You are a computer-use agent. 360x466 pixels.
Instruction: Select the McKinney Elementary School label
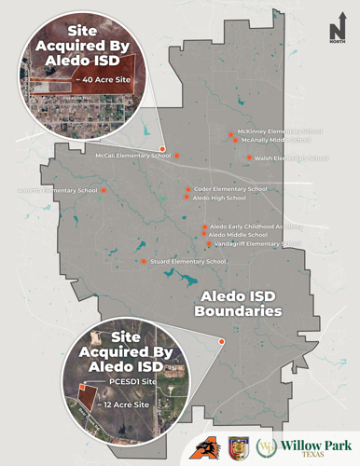(x=280, y=131)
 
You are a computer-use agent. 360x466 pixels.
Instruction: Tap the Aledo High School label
(x=219, y=198)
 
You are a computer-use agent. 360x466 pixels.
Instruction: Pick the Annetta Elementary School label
(x=57, y=190)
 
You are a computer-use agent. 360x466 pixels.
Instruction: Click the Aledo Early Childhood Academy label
(x=256, y=226)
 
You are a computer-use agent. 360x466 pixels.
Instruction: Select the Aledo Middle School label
(x=239, y=235)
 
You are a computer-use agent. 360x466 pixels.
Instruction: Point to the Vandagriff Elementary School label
(x=256, y=244)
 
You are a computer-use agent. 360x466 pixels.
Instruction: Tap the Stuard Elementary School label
(x=187, y=262)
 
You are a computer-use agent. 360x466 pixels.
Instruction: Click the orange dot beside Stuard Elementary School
(x=144, y=262)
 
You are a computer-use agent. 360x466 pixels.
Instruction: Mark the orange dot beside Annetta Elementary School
(x=103, y=190)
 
